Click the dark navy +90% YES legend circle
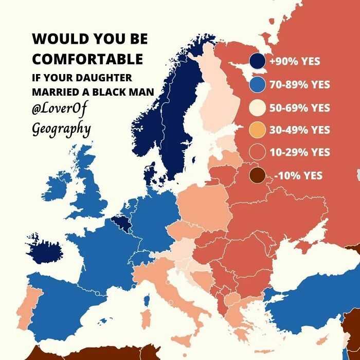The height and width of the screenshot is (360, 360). [x=257, y=61]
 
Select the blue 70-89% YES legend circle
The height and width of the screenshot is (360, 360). [x=257, y=85]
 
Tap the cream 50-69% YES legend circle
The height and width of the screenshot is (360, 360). [x=257, y=108]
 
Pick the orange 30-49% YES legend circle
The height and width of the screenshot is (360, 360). [x=257, y=131]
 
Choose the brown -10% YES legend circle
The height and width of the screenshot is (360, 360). [x=257, y=175]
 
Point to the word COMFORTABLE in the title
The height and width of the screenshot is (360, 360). [x=87, y=59]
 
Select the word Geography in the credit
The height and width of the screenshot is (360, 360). [x=61, y=128]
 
